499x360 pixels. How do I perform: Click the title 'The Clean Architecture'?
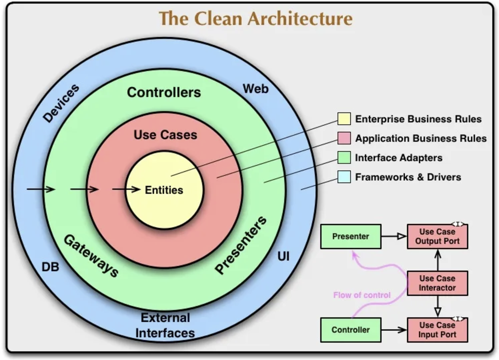coord(255,19)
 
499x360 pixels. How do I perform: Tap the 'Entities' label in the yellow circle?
coord(164,190)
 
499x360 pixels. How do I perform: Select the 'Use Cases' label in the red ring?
coord(165,135)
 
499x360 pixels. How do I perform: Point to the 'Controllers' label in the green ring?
coord(164,92)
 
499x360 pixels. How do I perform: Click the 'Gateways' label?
coord(91,256)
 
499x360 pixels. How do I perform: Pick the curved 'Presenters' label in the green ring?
coord(241,245)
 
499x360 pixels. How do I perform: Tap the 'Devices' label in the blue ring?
coord(61,103)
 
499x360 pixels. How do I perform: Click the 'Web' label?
coord(255,89)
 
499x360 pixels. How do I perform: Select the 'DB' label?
coord(50,267)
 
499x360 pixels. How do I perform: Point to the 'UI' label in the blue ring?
coord(283,256)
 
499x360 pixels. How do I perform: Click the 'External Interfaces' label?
coord(165,325)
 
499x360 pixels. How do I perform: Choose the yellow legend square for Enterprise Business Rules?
coord(344,119)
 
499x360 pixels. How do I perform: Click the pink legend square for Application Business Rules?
coord(344,138)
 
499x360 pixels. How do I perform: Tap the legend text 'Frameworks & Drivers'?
coord(408,177)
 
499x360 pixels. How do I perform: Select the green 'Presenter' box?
coord(351,236)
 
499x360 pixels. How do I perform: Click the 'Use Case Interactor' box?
coord(437,283)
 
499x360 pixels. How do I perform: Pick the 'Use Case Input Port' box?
coord(437,330)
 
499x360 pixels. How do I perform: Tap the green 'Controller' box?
coord(351,330)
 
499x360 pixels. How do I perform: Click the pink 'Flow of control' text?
coord(362,295)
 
